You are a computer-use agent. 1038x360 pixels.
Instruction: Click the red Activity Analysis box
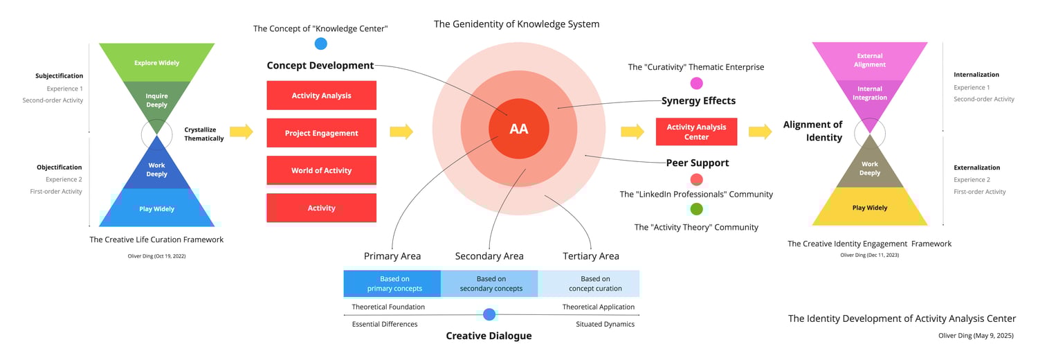[321, 96]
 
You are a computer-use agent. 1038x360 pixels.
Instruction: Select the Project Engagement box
[321, 133]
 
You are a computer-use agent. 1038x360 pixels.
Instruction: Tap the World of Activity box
[321, 170]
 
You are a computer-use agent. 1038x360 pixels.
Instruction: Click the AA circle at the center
[519, 129]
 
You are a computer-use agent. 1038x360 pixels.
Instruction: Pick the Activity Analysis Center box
[696, 132]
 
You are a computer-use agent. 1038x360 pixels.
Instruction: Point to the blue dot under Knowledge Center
[320, 44]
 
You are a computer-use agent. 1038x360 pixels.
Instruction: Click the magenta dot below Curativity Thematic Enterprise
[696, 84]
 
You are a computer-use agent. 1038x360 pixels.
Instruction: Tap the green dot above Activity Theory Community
[696, 209]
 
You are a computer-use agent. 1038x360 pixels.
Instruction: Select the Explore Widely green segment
[156, 62]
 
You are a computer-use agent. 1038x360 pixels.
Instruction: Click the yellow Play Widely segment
[870, 208]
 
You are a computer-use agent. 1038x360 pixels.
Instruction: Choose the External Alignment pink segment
[870, 60]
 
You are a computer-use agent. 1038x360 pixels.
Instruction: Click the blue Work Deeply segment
[156, 170]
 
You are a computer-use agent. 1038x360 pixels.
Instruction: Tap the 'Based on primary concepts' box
[392, 284]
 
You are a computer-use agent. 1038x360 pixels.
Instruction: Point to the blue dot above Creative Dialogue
[489, 314]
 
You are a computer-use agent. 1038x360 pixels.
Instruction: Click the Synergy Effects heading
[698, 101]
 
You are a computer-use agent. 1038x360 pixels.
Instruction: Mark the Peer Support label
[697, 163]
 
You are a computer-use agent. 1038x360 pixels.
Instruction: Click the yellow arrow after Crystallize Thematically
[242, 132]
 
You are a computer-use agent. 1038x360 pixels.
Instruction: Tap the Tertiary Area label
[590, 256]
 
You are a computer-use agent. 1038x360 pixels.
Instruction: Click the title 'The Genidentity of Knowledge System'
[516, 24]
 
